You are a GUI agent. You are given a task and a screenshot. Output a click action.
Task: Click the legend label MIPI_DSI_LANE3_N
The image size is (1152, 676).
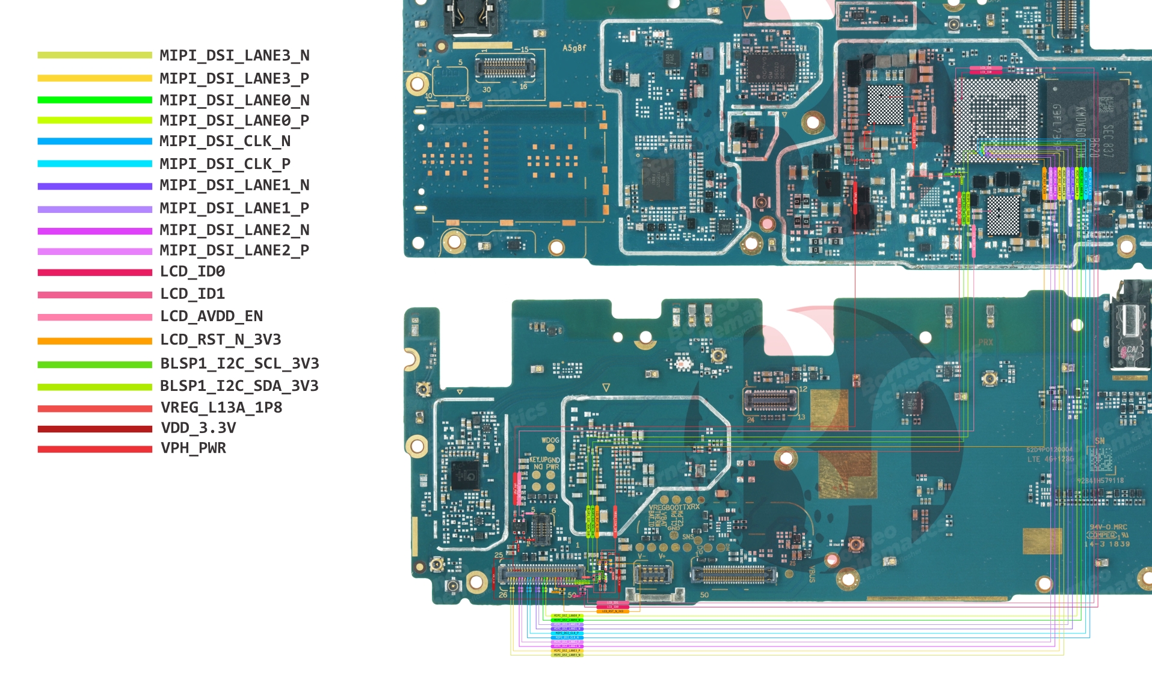point(234,55)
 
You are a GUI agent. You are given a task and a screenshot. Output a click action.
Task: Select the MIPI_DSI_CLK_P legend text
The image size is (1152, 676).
point(225,164)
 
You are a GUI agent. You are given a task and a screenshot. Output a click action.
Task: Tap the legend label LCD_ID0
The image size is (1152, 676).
point(193,272)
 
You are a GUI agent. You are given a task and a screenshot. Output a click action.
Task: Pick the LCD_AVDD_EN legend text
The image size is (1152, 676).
point(211,316)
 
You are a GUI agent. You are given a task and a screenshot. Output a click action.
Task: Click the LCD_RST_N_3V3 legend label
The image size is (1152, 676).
point(220,340)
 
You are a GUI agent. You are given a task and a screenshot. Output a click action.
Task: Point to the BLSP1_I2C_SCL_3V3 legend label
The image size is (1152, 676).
point(239,364)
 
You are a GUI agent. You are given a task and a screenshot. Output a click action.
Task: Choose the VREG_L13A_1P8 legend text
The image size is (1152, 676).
point(221,408)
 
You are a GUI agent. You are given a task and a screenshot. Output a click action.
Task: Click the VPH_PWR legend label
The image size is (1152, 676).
point(193,448)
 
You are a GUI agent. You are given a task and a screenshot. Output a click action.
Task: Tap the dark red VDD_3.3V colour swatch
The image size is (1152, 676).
point(94,429)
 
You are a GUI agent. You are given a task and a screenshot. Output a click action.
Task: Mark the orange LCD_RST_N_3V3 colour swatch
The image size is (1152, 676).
point(94,341)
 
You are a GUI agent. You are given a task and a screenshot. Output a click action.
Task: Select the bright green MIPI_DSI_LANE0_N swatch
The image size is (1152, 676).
point(94,100)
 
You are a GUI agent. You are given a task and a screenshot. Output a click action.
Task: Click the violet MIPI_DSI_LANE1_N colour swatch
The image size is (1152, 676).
point(94,186)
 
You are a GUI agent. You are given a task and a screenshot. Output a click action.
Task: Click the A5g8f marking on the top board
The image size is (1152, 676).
point(574,48)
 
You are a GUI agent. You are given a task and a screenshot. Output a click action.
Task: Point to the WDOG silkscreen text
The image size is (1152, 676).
point(550,440)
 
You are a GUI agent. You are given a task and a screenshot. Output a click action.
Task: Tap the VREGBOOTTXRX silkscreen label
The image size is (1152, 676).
point(674,507)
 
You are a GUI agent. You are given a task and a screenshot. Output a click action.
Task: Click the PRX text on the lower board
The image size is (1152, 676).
point(985,342)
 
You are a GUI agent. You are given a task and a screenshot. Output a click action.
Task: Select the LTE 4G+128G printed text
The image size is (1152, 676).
point(1050,459)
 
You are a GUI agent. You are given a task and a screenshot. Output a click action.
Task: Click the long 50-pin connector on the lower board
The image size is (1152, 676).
point(733,574)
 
